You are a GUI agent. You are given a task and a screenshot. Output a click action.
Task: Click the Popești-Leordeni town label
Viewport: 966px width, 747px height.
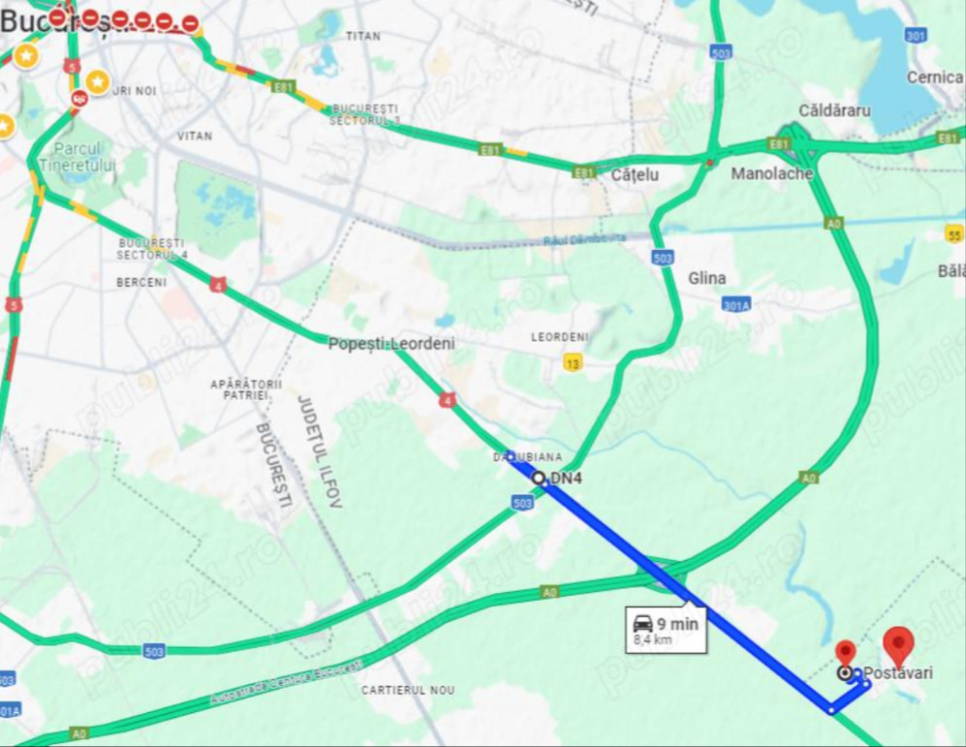(391, 343)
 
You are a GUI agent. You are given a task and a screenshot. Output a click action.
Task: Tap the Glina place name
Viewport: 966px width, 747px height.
(706, 278)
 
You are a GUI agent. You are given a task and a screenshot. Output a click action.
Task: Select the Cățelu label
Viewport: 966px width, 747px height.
(634, 175)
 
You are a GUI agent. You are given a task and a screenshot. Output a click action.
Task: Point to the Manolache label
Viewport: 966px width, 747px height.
(771, 174)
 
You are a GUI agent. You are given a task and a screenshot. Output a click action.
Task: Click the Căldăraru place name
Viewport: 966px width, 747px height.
(834, 110)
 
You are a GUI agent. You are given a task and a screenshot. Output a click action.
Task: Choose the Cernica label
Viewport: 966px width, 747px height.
(934, 77)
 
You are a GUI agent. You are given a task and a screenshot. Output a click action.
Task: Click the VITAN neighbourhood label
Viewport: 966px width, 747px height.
(195, 136)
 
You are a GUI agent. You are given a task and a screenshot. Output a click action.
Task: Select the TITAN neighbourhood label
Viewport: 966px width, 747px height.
(363, 36)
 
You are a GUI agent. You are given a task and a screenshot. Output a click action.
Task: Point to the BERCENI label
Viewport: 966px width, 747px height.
(141, 282)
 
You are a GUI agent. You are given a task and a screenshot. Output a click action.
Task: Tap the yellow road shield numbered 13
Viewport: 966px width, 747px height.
(573, 363)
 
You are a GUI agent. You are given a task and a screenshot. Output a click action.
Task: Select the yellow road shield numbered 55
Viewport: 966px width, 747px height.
(954, 233)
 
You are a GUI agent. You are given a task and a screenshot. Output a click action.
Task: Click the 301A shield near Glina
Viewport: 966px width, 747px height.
(736, 304)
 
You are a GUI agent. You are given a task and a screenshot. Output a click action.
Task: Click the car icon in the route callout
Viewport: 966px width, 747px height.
(642, 623)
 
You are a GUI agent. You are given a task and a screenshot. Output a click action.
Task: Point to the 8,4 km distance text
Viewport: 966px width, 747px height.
(652, 640)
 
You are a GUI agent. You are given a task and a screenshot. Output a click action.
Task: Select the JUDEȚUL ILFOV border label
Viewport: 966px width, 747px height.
(318, 452)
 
